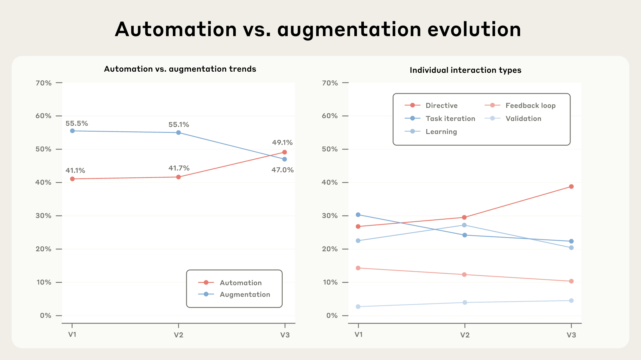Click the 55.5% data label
pyautogui.click(x=77, y=123)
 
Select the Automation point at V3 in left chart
pyautogui.click(x=285, y=152)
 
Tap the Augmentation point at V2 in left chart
pyautogui.click(x=179, y=133)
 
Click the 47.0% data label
pyautogui.click(x=282, y=170)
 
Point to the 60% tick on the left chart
pyautogui.click(x=44, y=116)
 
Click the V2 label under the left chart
pyautogui.click(x=179, y=335)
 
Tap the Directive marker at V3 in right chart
pyautogui.click(x=571, y=187)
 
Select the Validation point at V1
pyautogui.click(x=358, y=307)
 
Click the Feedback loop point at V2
pyautogui.click(x=464, y=275)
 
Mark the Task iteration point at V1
pyautogui.click(x=358, y=215)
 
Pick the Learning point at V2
pyautogui.click(x=464, y=225)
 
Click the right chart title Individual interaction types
pyautogui.click(x=465, y=70)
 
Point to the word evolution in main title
pyautogui.click(x=474, y=30)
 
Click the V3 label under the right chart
pyautogui.click(x=571, y=335)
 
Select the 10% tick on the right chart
pyautogui.click(x=330, y=283)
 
